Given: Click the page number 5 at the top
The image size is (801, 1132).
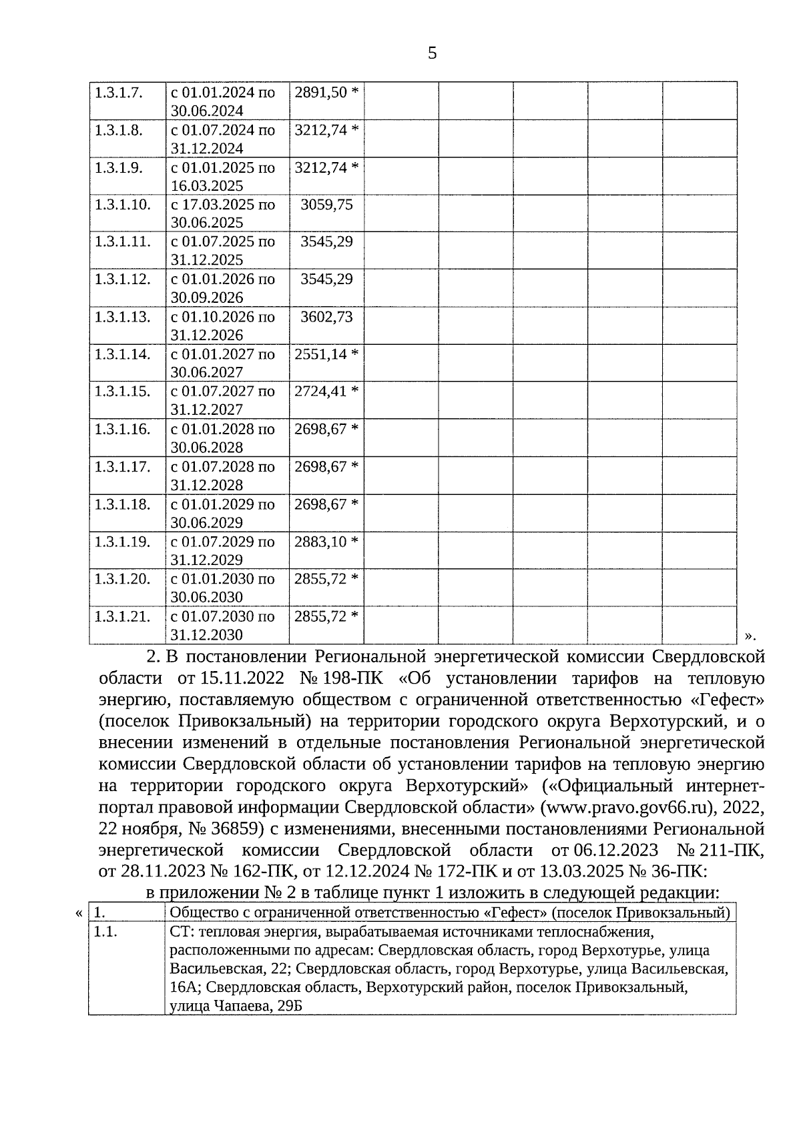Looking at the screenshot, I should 432,53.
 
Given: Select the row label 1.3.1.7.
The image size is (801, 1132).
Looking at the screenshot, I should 119,92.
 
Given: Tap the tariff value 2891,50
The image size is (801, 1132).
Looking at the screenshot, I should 321,92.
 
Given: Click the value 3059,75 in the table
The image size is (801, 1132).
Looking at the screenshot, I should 326,204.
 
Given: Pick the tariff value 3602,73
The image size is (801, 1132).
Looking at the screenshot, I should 326,317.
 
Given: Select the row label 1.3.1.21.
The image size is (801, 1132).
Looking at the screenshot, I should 122,616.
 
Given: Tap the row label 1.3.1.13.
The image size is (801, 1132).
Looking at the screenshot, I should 122,317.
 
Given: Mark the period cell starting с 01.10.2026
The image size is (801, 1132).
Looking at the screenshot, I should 223,326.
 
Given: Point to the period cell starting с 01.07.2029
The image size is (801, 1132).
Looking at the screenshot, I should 223,550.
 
